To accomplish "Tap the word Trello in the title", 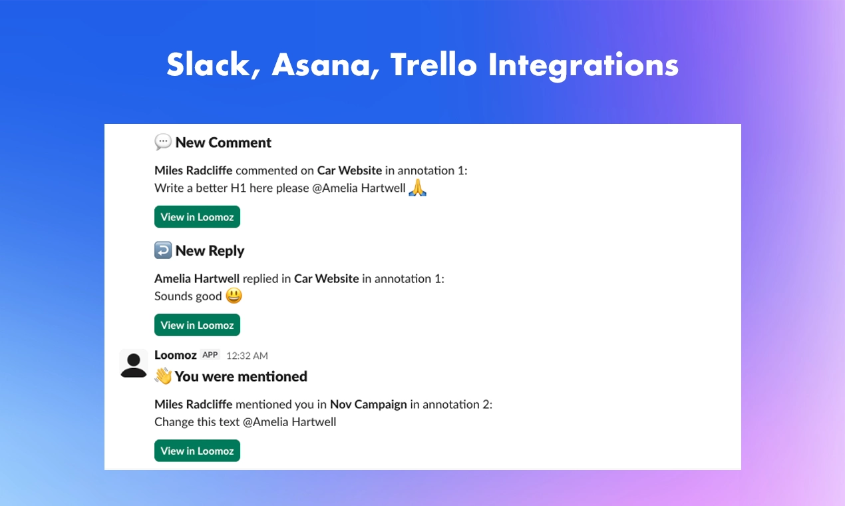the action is click(434, 65).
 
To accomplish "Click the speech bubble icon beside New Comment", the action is click(163, 142).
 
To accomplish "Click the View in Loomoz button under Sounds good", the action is click(198, 325).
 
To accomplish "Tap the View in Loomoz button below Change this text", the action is click(198, 451).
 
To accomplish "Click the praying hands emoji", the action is click(417, 187).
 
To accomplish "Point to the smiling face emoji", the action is click(234, 296).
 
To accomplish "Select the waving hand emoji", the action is click(163, 376).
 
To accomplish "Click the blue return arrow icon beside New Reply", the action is click(163, 250).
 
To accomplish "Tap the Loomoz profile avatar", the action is click(134, 364).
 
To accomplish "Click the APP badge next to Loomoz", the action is click(210, 355).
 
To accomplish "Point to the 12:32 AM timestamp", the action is click(247, 356).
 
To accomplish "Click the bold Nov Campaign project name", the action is click(369, 404).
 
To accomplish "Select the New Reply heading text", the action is click(210, 251).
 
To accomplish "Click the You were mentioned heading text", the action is click(241, 376).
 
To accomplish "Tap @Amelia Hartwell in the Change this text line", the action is click(289, 422).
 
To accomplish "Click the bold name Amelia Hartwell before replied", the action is click(197, 279).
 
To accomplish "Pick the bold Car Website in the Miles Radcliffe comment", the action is click(349, 170).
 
